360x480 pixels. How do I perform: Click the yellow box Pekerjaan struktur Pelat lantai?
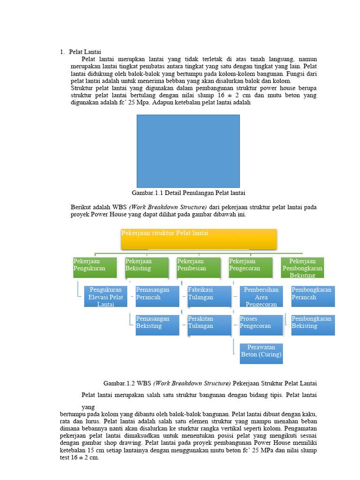click(199, 239)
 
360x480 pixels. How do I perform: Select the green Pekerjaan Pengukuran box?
click(95, 267)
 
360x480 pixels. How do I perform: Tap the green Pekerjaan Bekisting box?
click(147, 267)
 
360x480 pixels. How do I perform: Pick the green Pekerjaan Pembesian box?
click(199, 267)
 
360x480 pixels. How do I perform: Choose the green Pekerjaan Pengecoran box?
click(250, 267)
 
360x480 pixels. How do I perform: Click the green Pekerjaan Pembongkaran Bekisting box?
click(302, 267)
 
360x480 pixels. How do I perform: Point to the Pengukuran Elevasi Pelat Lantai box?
click(105, 296)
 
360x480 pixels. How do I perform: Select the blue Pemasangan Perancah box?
click(157, 296)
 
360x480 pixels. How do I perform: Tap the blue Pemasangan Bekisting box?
click(157, 325)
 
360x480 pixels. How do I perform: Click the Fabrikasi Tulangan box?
click(209, 296)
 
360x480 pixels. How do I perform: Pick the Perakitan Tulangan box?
click(209, 325)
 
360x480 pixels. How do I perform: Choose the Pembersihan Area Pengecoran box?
click(261, 296)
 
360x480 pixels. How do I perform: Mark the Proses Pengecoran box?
click(261, 325)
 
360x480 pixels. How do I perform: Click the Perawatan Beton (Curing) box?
click(261, 353)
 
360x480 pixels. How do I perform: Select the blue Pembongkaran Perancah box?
click(313, 296)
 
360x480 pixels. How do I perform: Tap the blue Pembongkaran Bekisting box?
click(313, 325)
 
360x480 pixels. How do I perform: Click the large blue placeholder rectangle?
click(188, 151)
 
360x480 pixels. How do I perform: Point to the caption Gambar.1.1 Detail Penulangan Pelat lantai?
click(188, 193)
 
